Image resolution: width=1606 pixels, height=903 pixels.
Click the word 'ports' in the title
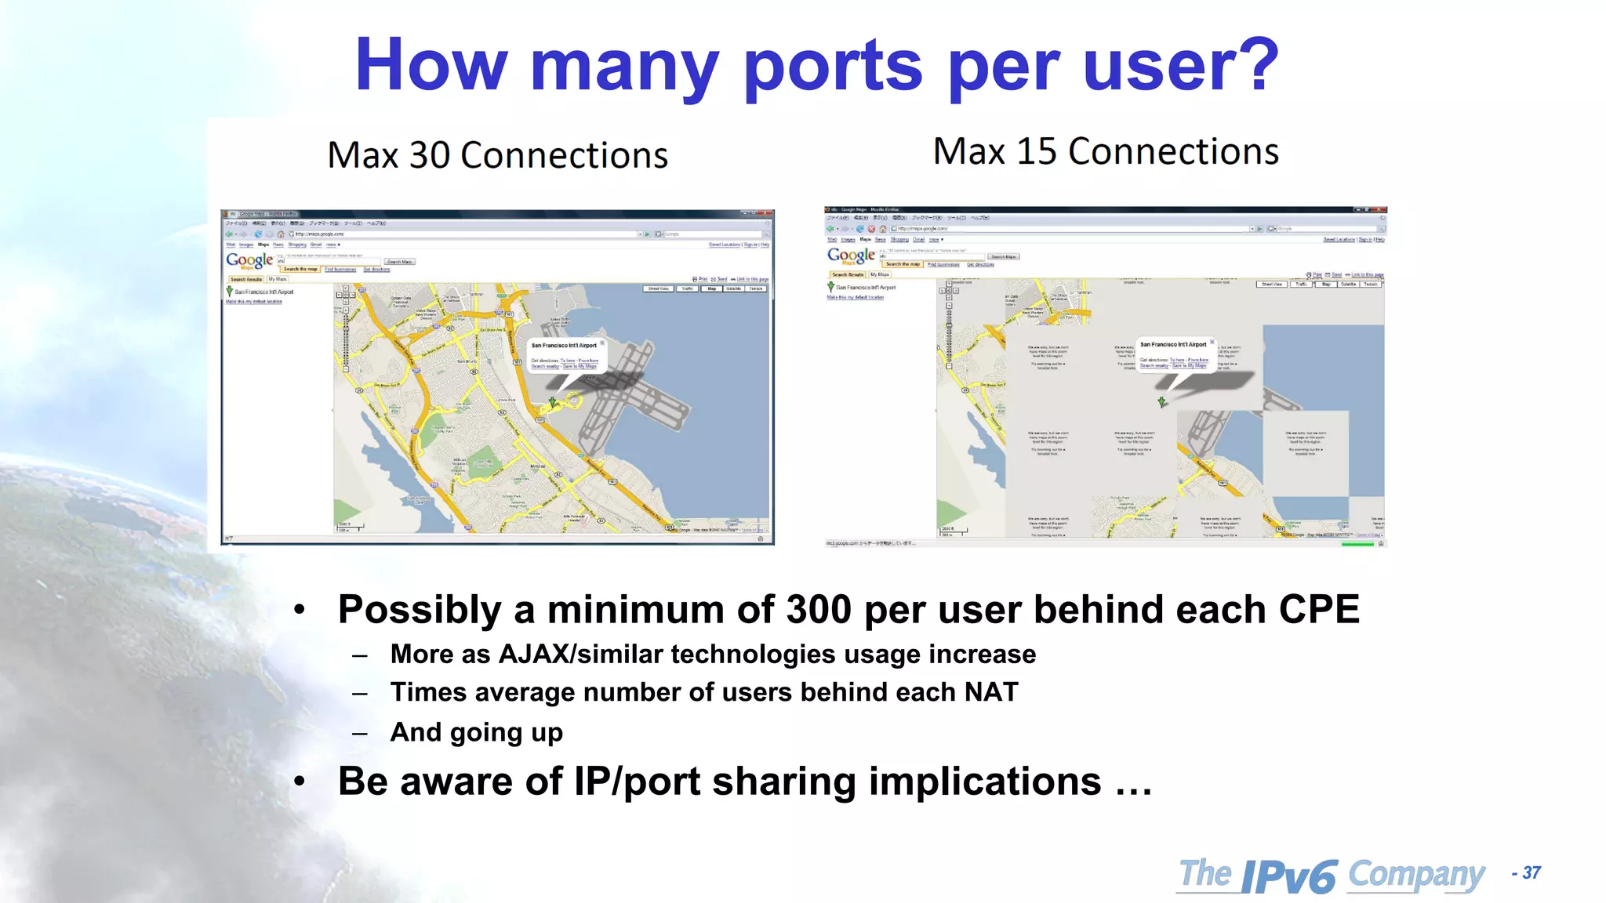point(833,66)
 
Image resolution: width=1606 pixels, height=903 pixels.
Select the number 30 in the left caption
point(430,155)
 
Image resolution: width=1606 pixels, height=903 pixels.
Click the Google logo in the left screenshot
point(249,260)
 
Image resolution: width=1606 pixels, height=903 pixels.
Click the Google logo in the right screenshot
point(851,256)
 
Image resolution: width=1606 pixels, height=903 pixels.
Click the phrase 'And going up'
point(477,732)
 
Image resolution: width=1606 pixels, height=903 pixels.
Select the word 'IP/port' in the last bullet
point(637,782)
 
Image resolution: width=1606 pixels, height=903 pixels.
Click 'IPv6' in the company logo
point(1288,876)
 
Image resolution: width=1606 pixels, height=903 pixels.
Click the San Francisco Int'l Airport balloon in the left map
point(565,355)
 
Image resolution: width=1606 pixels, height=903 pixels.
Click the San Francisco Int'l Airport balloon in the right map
point(1173,354)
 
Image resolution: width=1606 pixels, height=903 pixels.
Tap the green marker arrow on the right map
point(1162,402)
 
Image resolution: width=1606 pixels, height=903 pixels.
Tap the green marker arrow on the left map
point(552,402)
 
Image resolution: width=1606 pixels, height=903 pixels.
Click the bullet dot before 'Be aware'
point(299,782)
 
